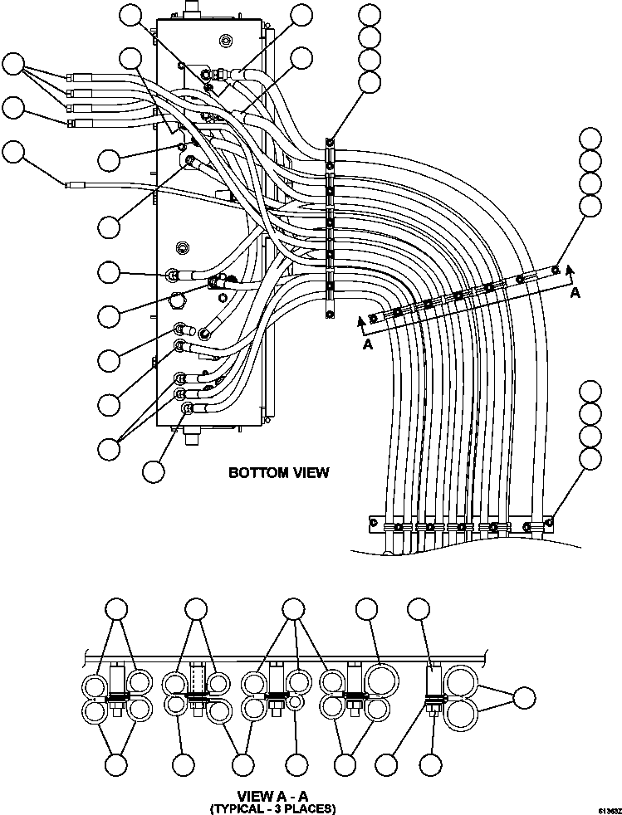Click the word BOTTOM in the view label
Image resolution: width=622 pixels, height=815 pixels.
[253, 473]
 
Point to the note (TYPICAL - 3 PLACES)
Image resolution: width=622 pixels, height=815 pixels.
[273, 808]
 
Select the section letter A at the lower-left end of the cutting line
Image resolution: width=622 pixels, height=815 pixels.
[366, 346]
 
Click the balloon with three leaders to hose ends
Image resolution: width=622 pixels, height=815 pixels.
[14, 65]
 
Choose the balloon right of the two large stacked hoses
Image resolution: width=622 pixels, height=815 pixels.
[523, 698]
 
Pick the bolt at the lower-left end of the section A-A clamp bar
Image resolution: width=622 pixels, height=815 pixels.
[374, 318]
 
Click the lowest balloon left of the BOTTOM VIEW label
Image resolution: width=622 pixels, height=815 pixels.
[153, 471]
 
